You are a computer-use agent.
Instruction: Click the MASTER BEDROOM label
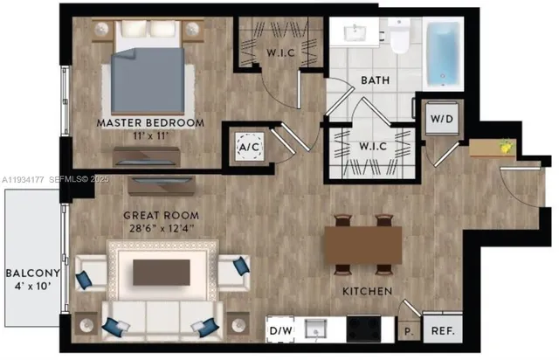pyautogui.click(x=150, y=123)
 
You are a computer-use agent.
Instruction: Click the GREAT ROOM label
pyautogui.click(x=162, y=215)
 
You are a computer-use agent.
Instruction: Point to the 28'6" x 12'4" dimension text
pyautogui.click(x=162, y=229)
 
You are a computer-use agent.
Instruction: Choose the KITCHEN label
pyautogui.click(x=367, y=291)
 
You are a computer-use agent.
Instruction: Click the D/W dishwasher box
pyautogui.click(x=279, y=331)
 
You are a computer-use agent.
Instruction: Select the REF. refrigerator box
pyautogui.click(x=443, y=331)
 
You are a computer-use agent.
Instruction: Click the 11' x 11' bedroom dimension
pyautogui.click(x=150, y=137)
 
